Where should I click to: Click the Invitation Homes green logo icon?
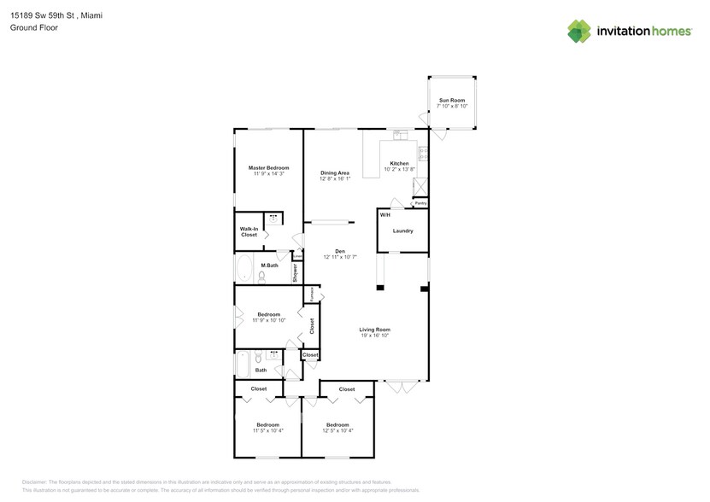point(579,31)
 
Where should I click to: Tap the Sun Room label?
point(452,101)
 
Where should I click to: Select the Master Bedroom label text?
point(268,167)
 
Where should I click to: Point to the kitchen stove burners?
point(424,155)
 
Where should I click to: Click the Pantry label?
point(420,203)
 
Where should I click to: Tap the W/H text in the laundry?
point(385,215)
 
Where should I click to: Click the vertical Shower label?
point(296,272)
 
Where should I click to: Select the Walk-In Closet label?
point(249,231)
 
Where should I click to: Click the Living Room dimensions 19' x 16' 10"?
point(374,336)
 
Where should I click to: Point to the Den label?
point(339,251)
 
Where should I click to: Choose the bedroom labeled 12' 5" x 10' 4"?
point(337,428)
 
